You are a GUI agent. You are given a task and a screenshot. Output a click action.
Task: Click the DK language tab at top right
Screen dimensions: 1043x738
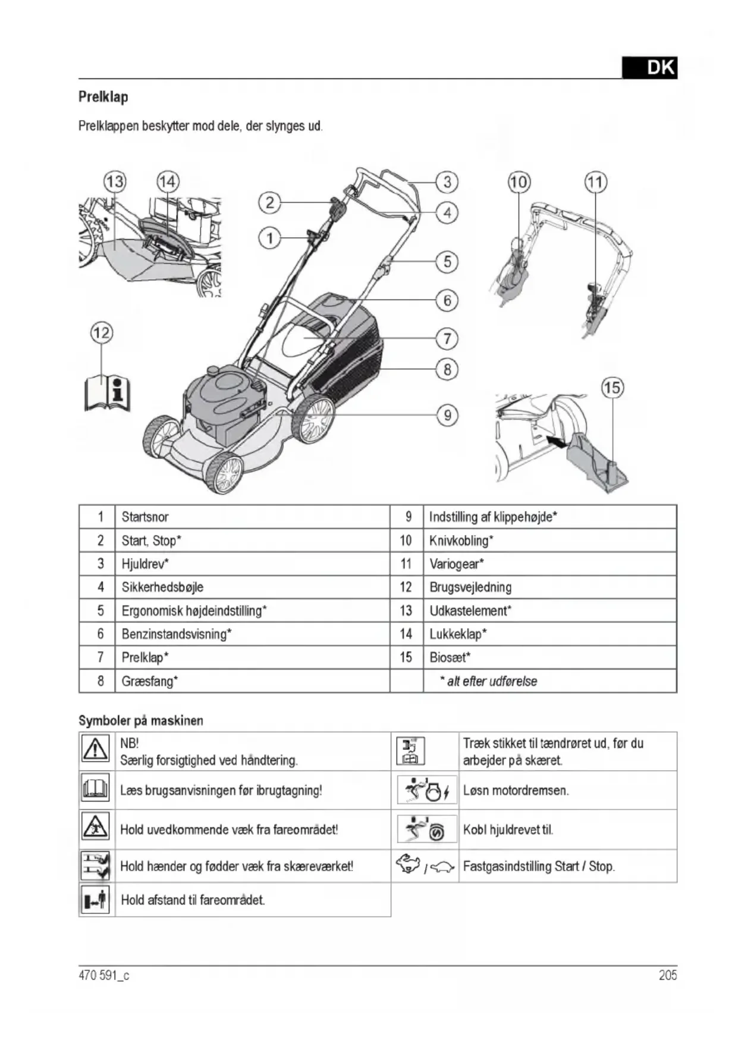point(649,68)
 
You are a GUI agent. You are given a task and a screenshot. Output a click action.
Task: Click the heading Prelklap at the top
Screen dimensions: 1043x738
point(103,97)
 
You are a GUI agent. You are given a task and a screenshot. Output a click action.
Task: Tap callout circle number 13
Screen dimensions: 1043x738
point(115,181)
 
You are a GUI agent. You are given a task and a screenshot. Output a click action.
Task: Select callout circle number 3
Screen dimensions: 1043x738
point(447,181)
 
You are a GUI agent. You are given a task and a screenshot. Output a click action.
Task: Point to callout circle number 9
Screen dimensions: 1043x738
point(447,414)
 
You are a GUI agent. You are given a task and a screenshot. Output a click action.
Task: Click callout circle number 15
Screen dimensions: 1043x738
point(612,388)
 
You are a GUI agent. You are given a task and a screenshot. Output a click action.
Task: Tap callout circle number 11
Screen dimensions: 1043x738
point(595,182)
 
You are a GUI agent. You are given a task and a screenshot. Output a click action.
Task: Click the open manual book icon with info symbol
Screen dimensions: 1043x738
point(108,393)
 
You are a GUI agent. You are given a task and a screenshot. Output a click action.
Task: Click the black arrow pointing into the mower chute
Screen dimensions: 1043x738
point(555,441)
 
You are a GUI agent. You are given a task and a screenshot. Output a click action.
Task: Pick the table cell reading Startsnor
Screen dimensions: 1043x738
point(145,517)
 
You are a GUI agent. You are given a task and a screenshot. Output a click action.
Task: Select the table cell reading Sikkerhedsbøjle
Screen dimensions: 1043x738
point(162,588)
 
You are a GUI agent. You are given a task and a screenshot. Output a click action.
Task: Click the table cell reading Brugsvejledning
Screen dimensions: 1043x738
point(470,588)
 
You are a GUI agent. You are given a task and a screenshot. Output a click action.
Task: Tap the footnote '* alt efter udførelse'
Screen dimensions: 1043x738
point(488,681)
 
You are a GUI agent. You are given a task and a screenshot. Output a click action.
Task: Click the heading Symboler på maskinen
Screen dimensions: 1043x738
point(141,721)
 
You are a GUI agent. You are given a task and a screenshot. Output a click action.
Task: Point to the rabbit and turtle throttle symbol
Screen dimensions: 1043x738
point(425,866)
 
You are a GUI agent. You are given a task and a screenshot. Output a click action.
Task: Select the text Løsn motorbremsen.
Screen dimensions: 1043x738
point(516,791)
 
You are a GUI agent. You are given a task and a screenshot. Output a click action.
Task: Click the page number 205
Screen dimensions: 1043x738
point(667,975)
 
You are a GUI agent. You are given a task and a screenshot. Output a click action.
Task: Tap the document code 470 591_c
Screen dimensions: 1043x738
point(104,975)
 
